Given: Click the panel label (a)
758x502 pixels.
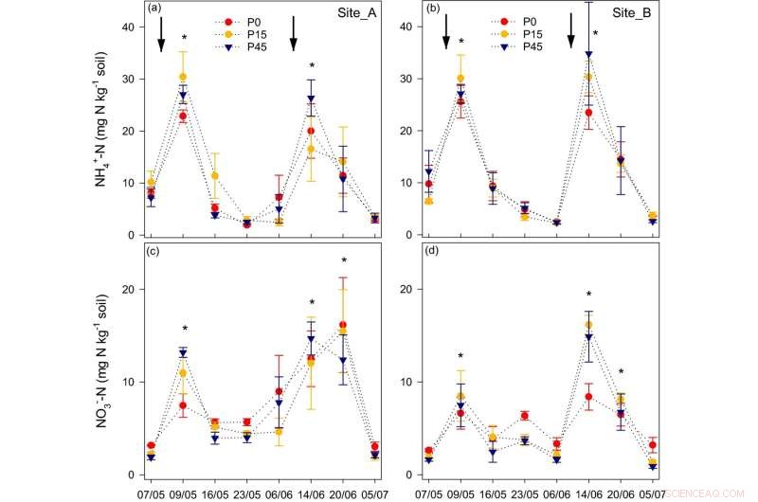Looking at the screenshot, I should coord(154,9).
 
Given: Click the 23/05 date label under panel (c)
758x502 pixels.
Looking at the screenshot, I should coord(246,493).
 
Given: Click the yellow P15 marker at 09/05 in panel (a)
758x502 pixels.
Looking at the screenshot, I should coord(183,77).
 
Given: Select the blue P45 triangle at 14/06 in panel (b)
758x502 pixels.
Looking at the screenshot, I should coord(588,55).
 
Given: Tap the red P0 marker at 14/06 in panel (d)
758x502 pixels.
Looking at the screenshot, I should coord(588,397).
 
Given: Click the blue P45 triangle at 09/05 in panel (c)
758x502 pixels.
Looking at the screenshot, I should coord(183,353).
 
